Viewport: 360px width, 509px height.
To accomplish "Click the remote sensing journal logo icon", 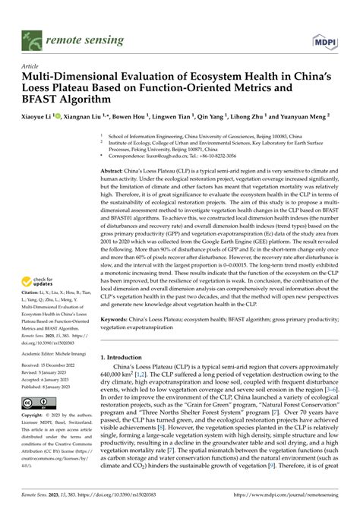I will pyautogui.click(x=33, y=34).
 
